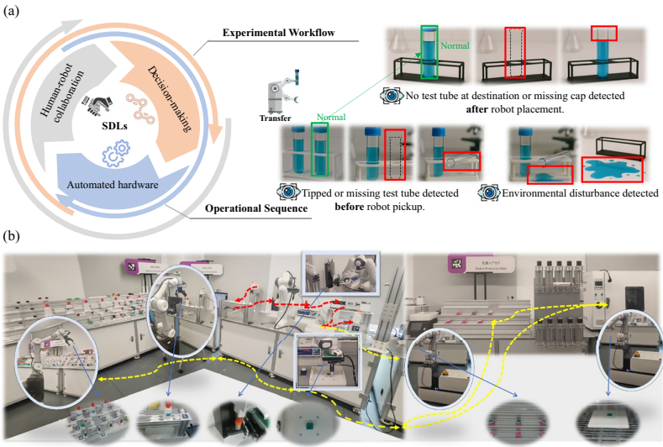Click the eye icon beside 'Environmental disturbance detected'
(x=489, y=193)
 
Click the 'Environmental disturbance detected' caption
(x=580, y=193)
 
